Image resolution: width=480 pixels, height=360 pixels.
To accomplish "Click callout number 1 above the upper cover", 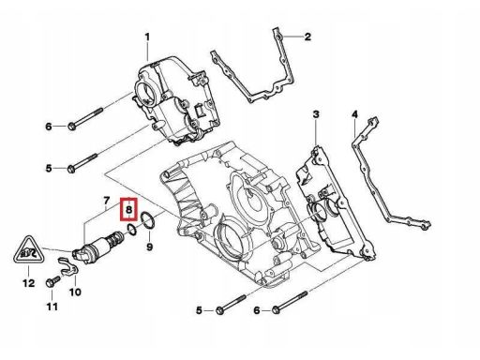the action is coord(147,37).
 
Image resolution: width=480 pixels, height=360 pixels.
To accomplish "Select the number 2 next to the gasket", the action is coord(307,37).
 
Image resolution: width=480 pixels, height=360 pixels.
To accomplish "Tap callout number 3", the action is coord(316,114).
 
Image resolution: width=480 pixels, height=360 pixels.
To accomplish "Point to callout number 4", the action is coord(354,114).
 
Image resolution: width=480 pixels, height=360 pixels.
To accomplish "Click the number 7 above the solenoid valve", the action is coord(107,201).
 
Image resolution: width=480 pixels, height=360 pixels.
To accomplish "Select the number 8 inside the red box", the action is coord(129,209).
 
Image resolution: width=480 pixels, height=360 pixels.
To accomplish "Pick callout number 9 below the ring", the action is coord(150,247).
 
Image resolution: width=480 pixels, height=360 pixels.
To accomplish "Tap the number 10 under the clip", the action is coord(75,292).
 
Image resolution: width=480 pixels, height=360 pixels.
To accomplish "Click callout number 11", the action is coord(52,307).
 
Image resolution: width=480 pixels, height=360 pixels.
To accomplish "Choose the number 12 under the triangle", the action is coord(29,283).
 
